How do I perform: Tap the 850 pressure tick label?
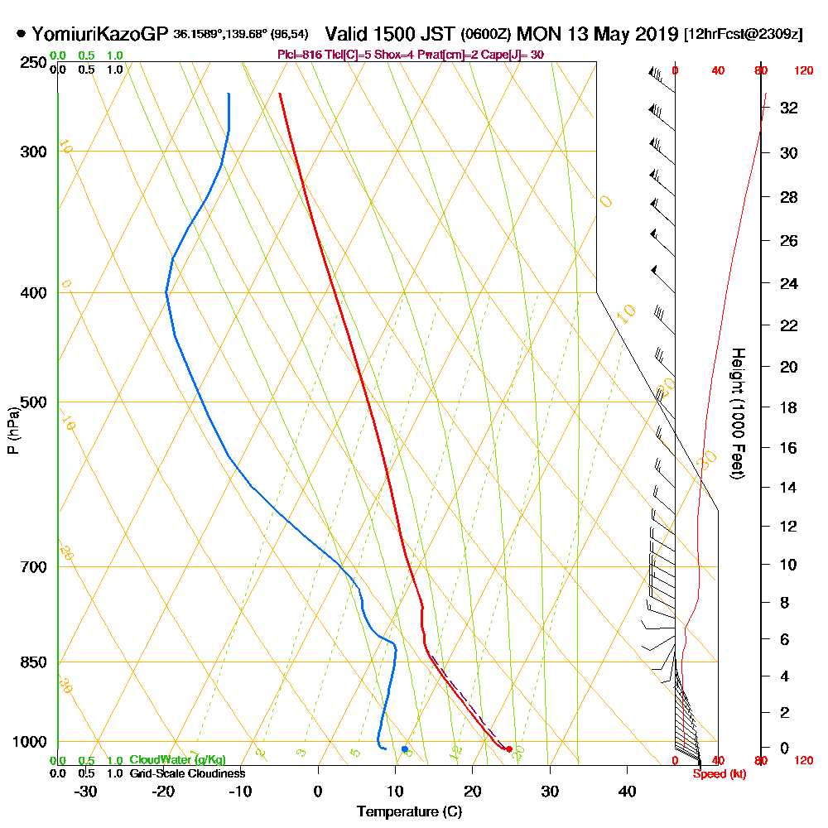32,662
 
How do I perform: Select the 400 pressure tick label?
32,293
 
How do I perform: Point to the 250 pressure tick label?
32,63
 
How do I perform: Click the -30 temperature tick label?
86,792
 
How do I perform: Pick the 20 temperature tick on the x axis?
472,792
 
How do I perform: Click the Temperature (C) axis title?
409,812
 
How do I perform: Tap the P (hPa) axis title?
12,431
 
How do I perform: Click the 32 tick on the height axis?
788,108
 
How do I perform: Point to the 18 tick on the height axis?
788,407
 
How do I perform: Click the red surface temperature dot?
509,749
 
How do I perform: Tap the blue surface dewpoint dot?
404,749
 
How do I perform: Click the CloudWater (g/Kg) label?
177,760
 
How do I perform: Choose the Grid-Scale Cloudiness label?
187,773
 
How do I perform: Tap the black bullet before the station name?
21,35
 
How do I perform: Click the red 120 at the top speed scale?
803,71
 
